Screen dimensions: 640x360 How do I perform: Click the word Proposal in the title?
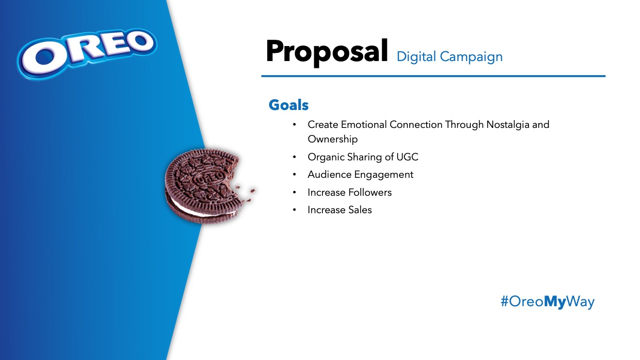pyautogui.click(x=327, y=52)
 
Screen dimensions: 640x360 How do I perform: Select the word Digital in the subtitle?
pyautogui.click(x=416, y=57)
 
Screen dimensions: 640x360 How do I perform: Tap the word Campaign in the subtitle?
pyautogui.click(x=471, y=57)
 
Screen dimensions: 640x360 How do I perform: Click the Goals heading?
pyautogui.click(x=288, y=105)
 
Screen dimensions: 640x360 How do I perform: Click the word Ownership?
pyautogui.click(x=333, y=139)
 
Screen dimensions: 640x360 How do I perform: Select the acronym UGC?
pyautogui.click(x=407, y=157)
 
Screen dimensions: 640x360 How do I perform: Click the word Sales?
pyautogui.click(x=360, y=210)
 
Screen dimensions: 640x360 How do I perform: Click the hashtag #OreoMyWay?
pyautogui.click(x=547, y=301)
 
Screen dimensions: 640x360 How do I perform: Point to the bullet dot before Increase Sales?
pyautogui.click(x=294, y=210)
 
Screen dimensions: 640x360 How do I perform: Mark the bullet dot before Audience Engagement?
pyautogui.click(x=294, y=174)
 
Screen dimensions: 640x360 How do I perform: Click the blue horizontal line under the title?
pyautogui.click(x=433, y=76)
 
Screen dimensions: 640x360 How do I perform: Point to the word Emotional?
pyautogui.click(x=364, y=125)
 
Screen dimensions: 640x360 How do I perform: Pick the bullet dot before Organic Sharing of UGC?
pyautogui.click(x=294, y=157)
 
